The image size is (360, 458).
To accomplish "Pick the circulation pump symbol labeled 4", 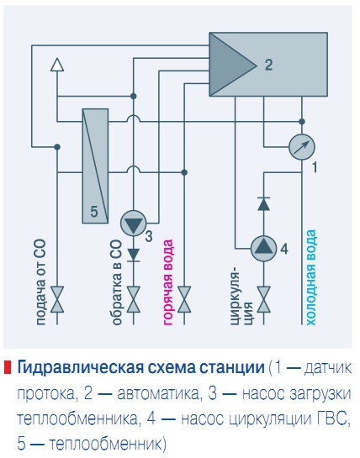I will pos(262,245).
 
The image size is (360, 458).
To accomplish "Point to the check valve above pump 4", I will pos(262,203).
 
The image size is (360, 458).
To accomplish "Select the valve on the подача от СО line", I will pos(57,300).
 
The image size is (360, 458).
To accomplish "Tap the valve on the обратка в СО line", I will pos(133,300).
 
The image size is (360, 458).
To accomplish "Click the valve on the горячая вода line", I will pos(184,300).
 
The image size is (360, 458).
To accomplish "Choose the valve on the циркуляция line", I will pos(262,300).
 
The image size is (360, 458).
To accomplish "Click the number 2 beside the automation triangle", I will pos(268,64).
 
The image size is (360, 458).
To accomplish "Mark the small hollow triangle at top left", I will pos(57,64).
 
